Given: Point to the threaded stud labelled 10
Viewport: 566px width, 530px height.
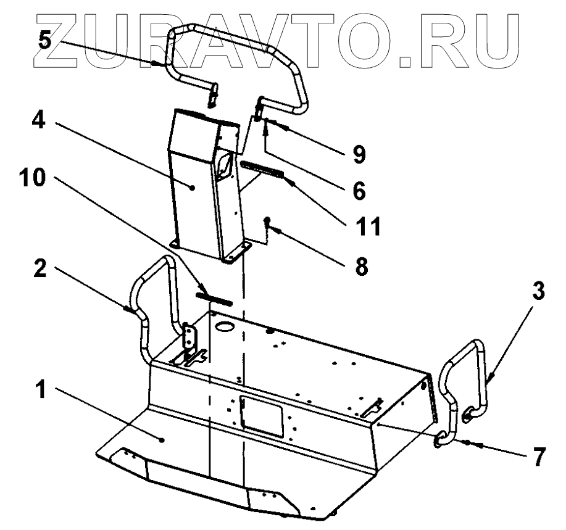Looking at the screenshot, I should (x=213, y=298).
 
